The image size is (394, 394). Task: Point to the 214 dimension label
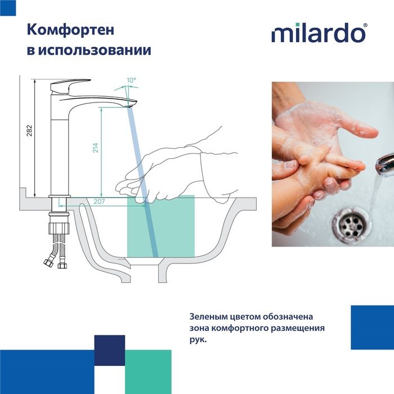(x=96, y=148)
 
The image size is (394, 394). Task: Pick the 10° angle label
(x=131, y=80)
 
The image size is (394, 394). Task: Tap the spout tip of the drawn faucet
(x=131, y=104)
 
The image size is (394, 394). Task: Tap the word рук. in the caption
(x=198, y=340)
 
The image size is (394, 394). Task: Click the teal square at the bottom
(x=147, y=371)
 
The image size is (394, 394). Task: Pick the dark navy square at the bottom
(x=109, y=351)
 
